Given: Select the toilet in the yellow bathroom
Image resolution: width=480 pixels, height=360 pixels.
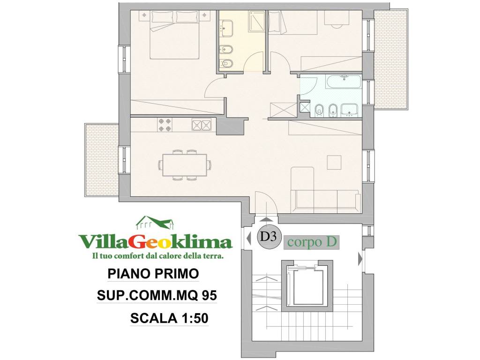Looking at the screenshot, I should coord(226,63).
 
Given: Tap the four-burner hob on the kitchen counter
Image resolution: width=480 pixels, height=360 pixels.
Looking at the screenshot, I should coord(165,125).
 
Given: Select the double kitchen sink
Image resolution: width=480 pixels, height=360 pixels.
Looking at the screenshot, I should coord(202,125).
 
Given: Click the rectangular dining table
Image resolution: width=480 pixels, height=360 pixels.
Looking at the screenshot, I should coord(184,165).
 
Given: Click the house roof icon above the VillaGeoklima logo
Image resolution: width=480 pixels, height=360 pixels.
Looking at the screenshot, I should coord(155,222).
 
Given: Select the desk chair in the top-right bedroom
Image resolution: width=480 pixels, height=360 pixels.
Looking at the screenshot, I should coord(336,25).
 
